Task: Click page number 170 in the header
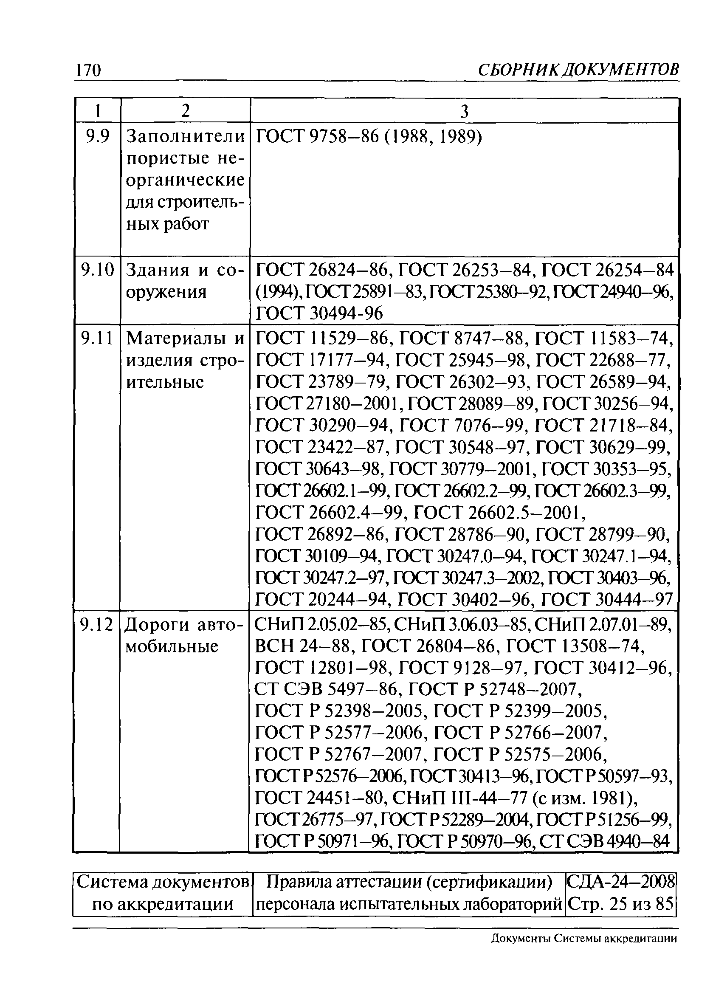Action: pos(88,70)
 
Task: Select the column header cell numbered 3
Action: pos(464,111)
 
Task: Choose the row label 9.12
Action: pos(96,624)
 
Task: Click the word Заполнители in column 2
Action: pos(185,137)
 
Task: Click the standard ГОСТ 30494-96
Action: pos(319,313)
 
